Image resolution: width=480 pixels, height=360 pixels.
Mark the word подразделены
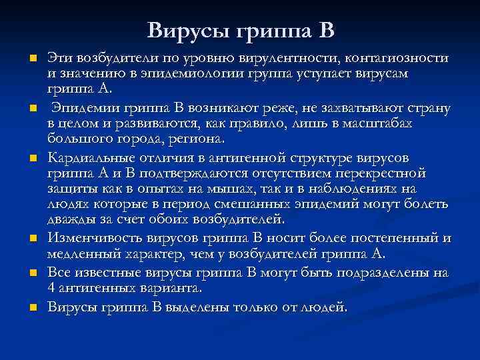pyautogui.click(x=388, y=274)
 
